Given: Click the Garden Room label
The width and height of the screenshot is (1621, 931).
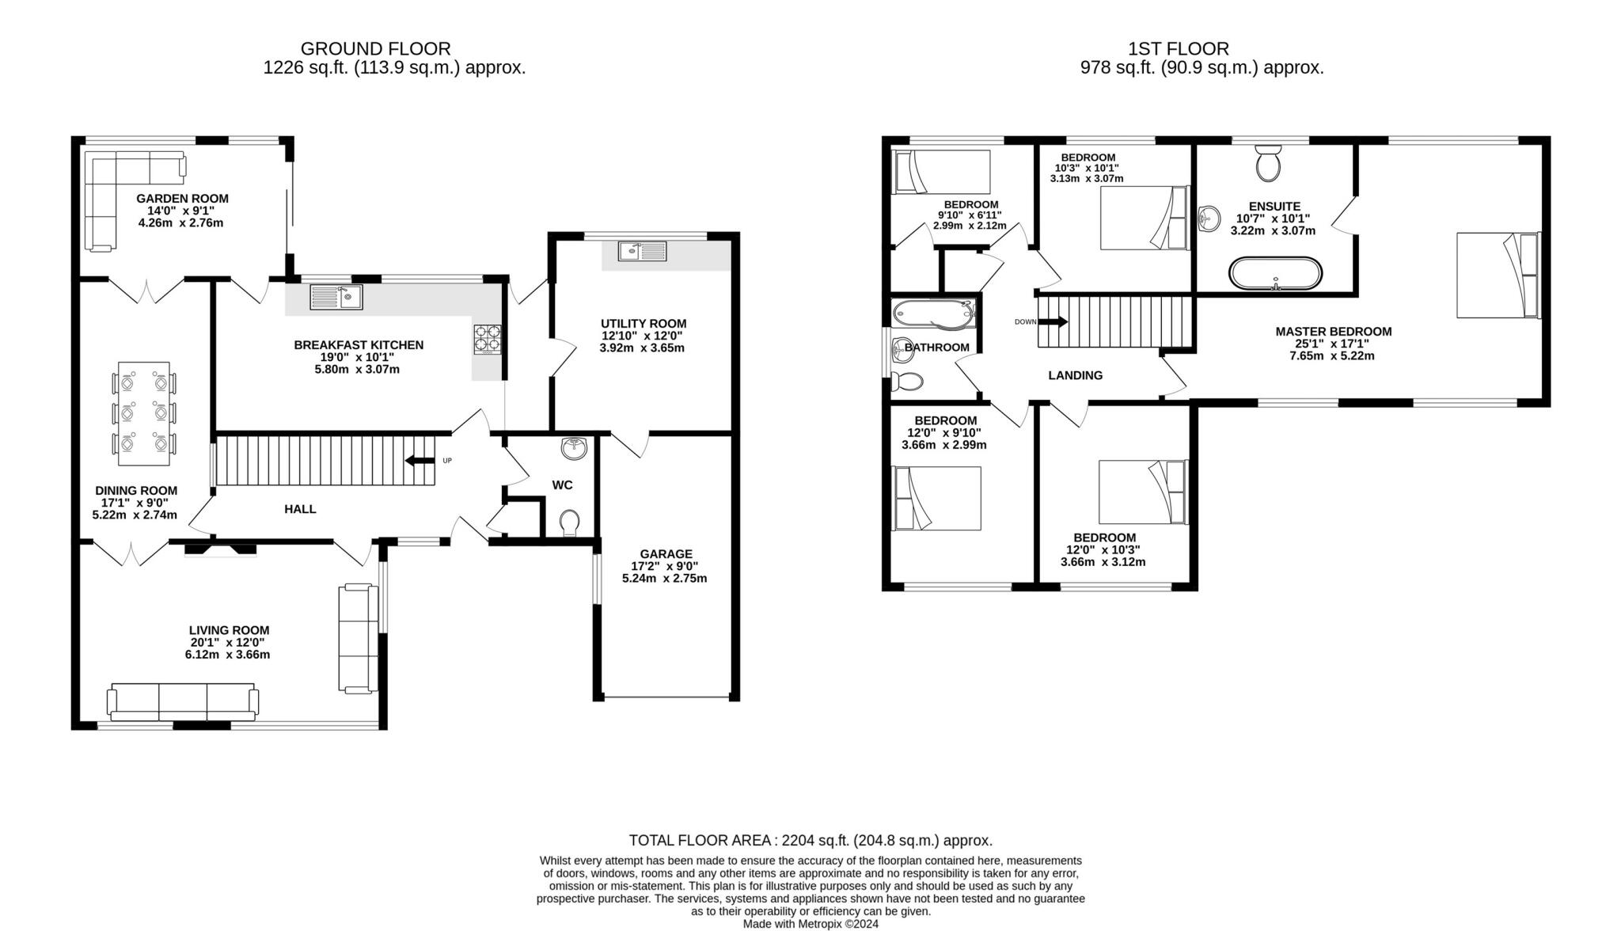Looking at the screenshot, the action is click(x=182, y=199).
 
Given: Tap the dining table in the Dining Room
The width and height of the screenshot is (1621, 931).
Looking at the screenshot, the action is click(x=143, y=413).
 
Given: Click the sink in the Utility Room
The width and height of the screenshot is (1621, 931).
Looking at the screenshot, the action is click(x=643, y=251).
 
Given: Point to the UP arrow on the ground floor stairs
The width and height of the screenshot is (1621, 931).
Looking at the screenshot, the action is click(x=419, y=461).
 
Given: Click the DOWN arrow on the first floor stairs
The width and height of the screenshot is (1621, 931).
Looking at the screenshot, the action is click(x=1053, y=321).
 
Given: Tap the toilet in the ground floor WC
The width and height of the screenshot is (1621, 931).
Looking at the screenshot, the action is click(x=569, y=523).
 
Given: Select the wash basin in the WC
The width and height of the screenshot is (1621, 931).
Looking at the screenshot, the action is click(x=574, y=448).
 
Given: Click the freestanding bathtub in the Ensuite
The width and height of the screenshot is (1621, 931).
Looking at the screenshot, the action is click(x=1275, y=273).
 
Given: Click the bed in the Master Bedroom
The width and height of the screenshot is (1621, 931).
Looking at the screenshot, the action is click(x=1499, y=275).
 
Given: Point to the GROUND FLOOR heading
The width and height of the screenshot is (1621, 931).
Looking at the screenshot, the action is click(x=375, y=49).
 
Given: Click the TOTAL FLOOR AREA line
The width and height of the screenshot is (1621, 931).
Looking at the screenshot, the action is click(x=810, y=840).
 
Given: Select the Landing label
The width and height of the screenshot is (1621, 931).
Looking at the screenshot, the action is click(x=1075, y=375).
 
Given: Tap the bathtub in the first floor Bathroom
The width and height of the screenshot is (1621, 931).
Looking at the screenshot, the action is click(x=935, y=314).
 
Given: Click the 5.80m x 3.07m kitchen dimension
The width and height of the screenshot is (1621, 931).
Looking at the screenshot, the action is click(x=357, y=369).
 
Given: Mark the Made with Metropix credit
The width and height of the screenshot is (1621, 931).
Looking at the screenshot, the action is click(x=810, y=924).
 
